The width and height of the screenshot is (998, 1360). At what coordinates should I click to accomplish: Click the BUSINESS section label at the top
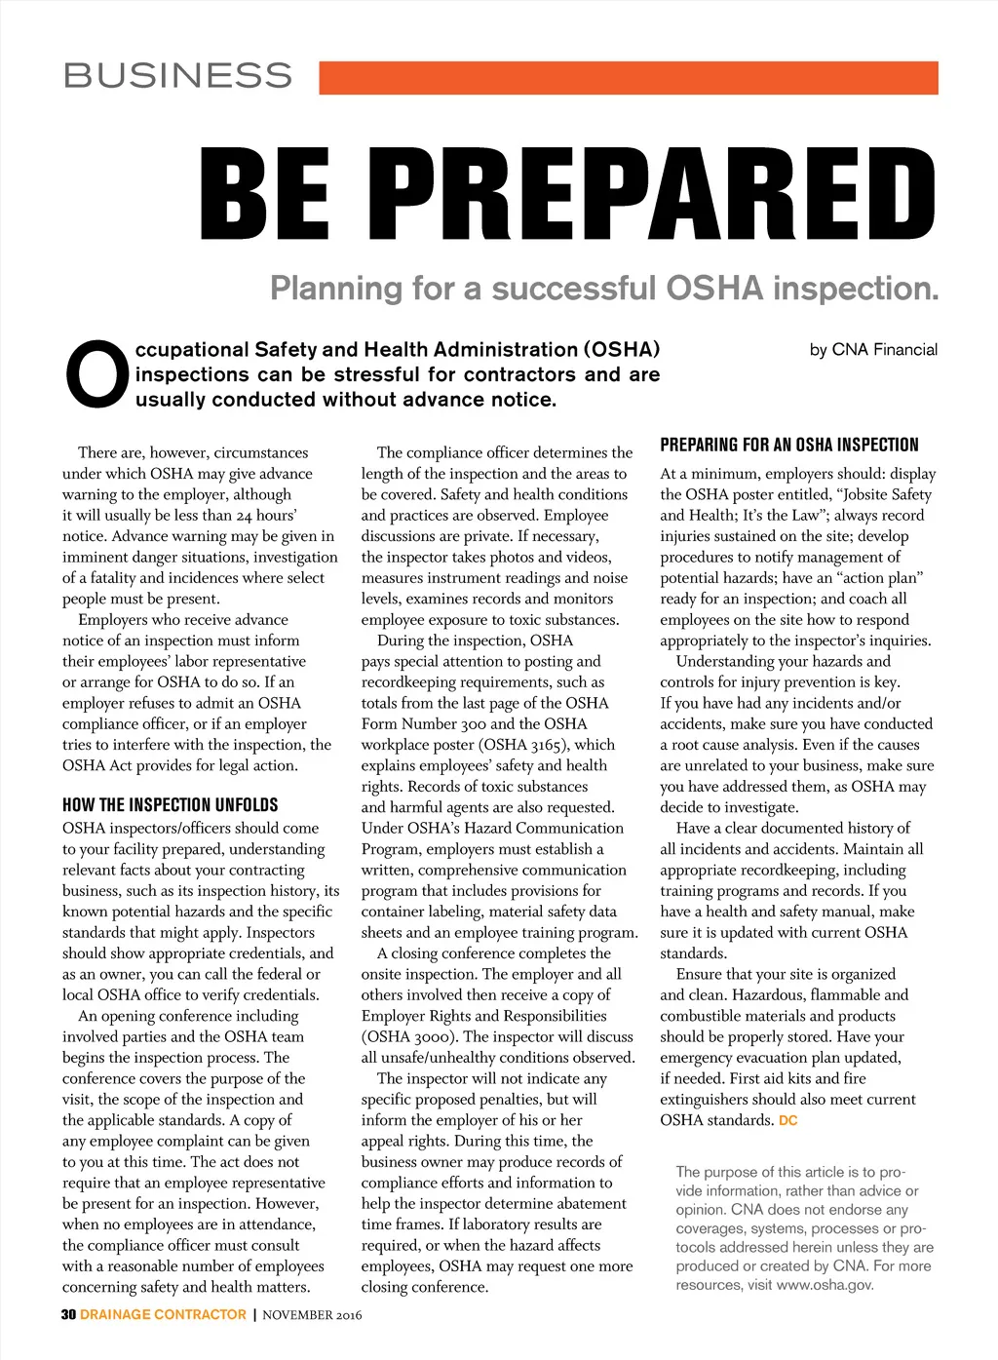click(177, 76)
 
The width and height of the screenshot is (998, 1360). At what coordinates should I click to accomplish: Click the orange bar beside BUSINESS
click(628, 78)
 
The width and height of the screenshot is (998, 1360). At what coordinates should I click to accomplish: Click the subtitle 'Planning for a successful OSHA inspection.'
click(604, 289)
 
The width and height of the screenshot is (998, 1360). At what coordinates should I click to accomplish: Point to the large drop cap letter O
click(96, 374)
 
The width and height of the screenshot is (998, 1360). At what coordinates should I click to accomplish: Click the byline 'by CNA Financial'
click(873, 350)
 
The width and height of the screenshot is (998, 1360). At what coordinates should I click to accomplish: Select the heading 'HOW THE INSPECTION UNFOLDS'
click(170, 805)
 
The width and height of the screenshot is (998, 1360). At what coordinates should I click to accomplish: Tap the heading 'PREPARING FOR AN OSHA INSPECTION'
click(788, 446)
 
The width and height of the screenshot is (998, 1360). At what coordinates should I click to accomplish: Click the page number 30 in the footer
click(68, 1314)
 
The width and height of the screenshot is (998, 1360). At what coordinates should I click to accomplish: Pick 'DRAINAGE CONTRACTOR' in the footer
click(163, 1314)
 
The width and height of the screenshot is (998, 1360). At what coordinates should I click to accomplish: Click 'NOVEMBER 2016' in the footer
click(312, 1315)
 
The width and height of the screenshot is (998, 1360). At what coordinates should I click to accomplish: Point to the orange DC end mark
click(787, 1121)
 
